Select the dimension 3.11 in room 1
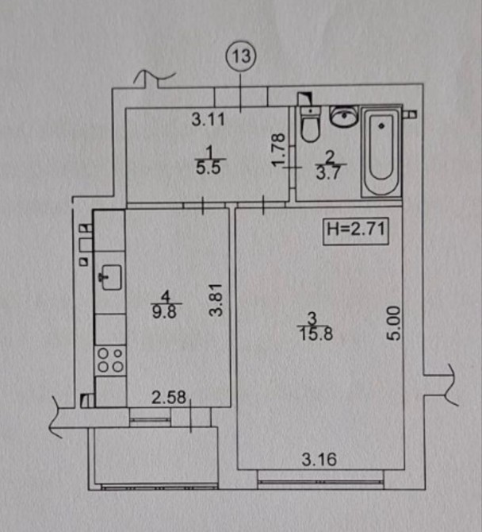click(210, 121)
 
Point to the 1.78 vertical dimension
click(278, 150)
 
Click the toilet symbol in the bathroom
click(308, 123)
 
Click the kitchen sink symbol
click(109, 276)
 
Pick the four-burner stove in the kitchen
click(109, 361)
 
